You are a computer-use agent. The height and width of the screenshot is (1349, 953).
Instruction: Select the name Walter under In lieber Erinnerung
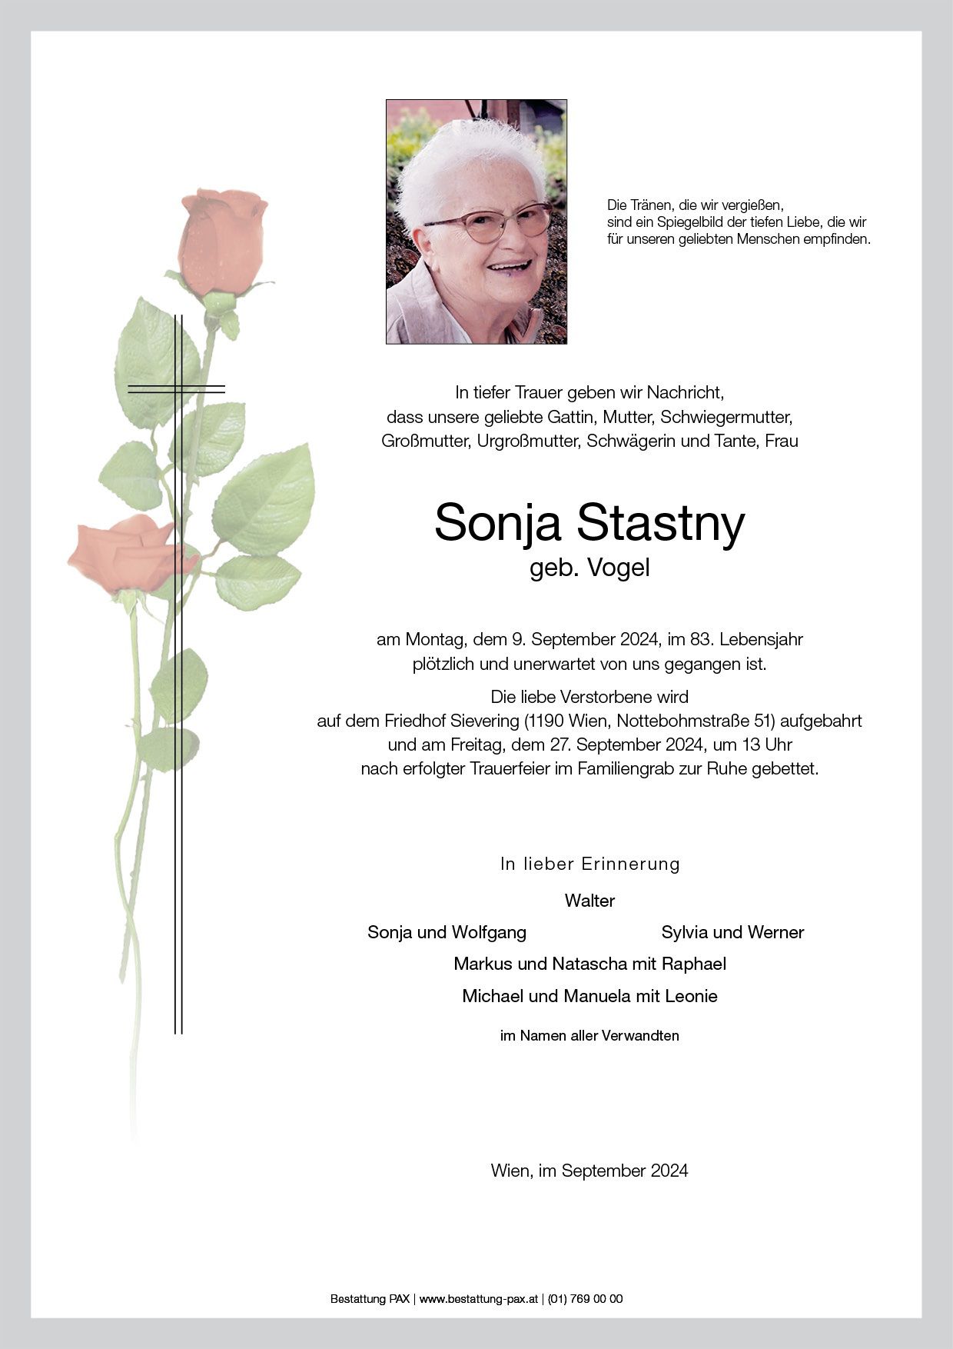point(589,901)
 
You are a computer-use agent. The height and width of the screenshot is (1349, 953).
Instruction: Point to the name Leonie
point(692,996)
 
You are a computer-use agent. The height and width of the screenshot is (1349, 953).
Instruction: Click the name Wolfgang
point(489,932)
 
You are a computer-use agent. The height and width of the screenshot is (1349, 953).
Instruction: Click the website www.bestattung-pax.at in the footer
point(478,1299)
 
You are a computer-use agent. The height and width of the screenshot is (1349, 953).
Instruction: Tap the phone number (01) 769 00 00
point(585,1299)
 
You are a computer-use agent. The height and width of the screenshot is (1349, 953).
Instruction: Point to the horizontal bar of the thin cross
point(176,389)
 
